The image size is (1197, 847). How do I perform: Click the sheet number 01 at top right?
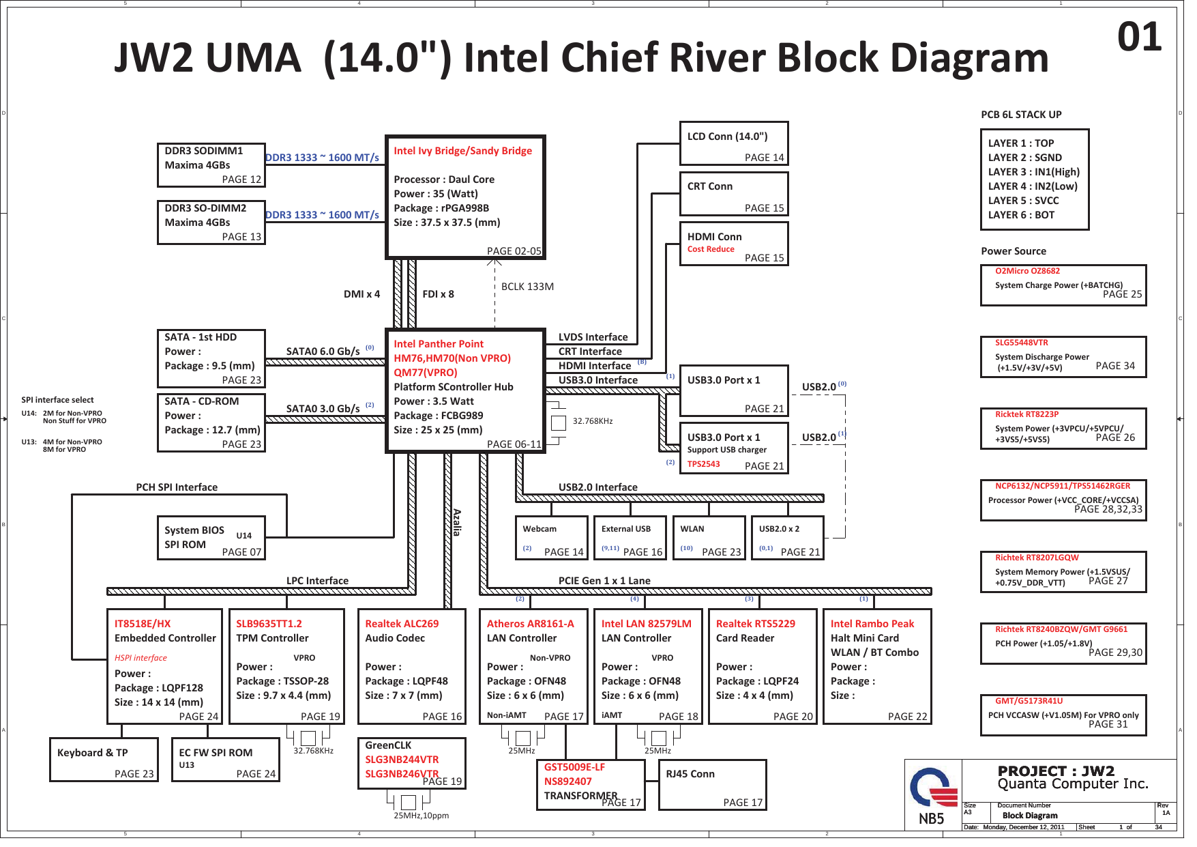point(1139,37)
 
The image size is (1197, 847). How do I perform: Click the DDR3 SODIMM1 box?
point(211,165)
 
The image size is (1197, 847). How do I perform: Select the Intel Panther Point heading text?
point(438,344)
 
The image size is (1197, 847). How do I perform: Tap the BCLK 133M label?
point(527,287)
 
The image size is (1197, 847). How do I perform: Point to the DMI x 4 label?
point(361,294)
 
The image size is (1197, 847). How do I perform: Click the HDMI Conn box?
point(734,244)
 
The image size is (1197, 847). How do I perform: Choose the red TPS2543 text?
point(703,464)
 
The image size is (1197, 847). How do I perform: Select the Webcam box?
point(551,539)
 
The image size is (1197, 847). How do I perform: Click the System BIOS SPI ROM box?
point(211,539)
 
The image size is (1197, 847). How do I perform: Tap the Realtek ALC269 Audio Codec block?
point(411,666)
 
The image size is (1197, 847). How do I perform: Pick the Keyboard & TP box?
point(104,760)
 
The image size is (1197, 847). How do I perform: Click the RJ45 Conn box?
point(712,786)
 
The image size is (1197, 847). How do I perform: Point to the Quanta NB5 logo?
point(932,796)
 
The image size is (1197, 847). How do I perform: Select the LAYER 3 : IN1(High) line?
point(1033,172)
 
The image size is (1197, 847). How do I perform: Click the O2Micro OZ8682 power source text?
point(1027,271)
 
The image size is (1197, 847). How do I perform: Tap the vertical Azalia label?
point(457,522)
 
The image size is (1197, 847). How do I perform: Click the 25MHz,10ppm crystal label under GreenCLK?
point(421,816)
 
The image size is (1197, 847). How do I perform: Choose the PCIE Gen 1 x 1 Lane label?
point(604,581)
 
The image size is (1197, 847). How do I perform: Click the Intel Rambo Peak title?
point(872,624)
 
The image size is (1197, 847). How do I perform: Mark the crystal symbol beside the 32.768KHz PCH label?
point(558,423)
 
